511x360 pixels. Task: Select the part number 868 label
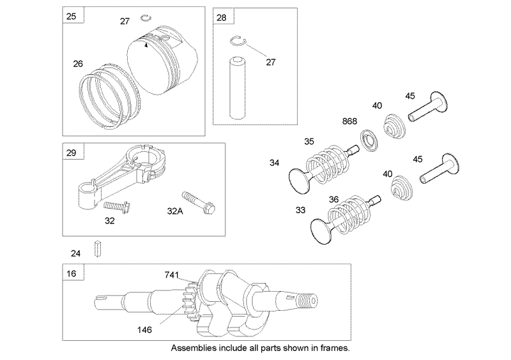(x=349, y=121)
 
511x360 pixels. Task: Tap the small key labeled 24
(x=98, y=247)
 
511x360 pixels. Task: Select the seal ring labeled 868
(x=368, y=137)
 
